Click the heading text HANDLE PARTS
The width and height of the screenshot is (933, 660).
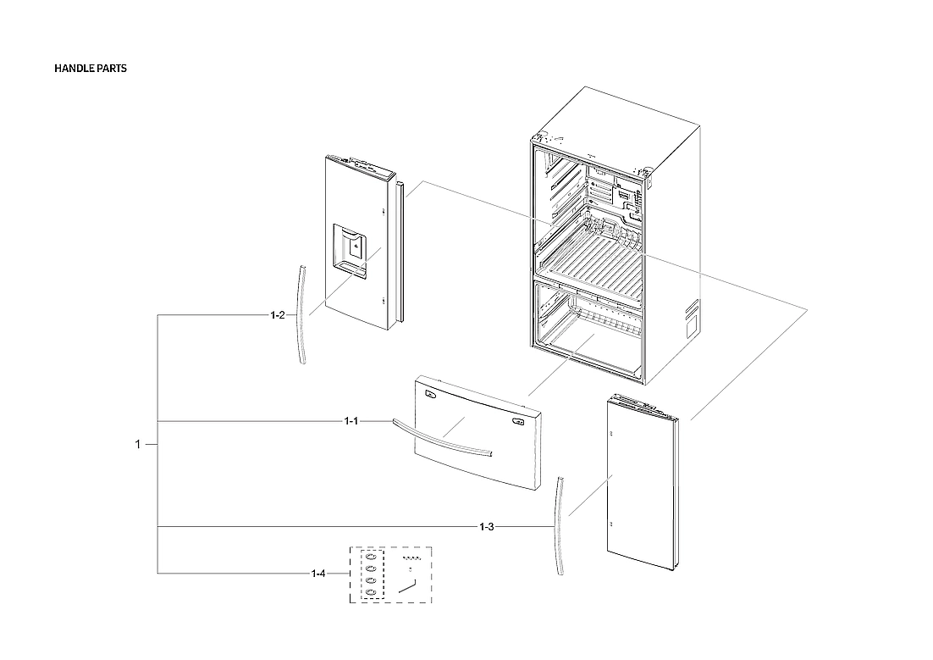91,69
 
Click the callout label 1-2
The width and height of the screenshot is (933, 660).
278,315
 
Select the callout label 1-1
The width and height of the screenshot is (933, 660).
351,421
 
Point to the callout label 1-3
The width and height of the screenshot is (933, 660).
486,527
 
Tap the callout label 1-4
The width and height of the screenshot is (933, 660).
317,574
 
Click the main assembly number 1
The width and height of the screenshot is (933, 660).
138,444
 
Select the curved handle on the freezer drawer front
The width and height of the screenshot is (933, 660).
440,439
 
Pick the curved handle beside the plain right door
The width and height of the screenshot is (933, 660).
559,525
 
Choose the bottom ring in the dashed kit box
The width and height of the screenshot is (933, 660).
371,591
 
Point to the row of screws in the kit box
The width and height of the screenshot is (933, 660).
411,559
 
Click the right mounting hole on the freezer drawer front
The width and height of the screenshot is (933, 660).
517,418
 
